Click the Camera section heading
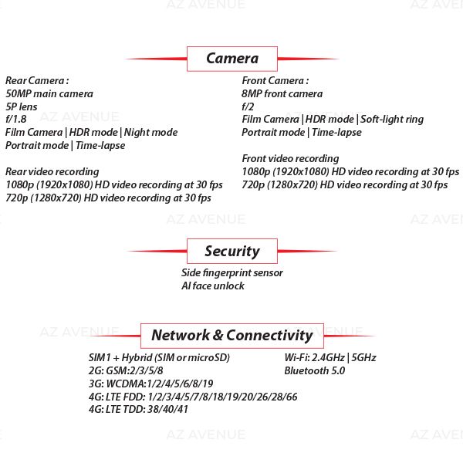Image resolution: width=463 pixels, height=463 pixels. point(232,59)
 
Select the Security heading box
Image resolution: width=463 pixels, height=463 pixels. point(232,251)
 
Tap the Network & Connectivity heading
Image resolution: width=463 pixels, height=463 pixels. point(232,336)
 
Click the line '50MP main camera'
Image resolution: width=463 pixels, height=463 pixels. point(49,93)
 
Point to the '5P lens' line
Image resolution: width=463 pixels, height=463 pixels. point(22,106)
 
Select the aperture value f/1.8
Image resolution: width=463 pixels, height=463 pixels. point(16,120)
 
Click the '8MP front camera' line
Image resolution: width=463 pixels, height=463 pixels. point(282,93)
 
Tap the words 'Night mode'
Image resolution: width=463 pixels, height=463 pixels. point(150,133)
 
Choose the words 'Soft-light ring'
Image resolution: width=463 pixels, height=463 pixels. point(392,120)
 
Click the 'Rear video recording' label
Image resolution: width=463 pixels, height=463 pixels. point(52,171)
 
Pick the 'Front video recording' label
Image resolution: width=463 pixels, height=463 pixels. point(290,158)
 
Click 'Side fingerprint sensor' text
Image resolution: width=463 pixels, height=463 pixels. point(232,272)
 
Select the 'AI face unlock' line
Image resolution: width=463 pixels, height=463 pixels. point(213,286)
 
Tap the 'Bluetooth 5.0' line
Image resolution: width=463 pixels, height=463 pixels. point(315,370)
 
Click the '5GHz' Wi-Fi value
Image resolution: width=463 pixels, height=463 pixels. point(363,357)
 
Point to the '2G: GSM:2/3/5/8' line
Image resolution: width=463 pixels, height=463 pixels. point(126,370)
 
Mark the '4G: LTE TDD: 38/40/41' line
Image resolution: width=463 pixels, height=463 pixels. point(138,409)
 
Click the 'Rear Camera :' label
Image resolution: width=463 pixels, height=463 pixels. point(37,80)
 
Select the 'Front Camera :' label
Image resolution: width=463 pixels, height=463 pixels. point(275,80)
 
